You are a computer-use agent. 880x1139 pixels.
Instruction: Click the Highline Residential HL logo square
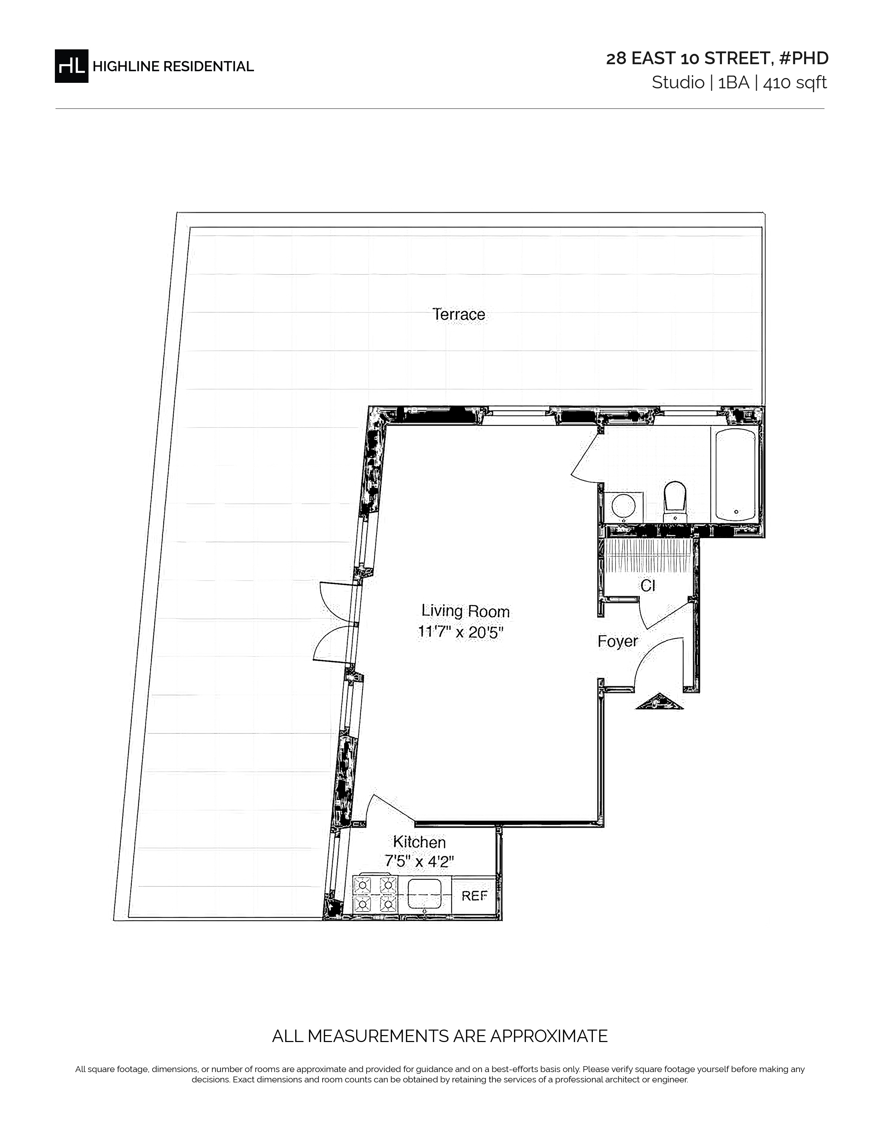click(71, 66)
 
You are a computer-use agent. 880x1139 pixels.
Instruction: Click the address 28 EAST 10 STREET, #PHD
click(717, 58)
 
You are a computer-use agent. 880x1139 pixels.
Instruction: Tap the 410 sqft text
click(795, 83)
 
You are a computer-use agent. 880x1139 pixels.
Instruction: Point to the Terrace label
click(459, 314)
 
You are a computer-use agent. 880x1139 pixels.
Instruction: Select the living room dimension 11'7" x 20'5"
click(460, 632)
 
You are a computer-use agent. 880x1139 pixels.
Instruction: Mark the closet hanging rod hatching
click(648, 555)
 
